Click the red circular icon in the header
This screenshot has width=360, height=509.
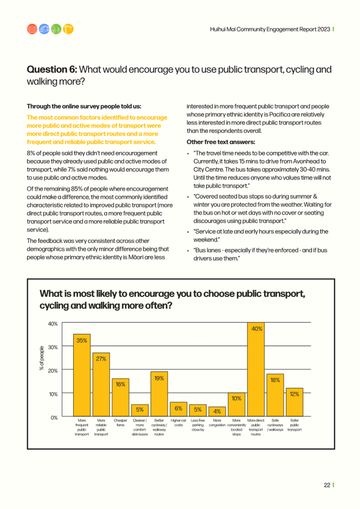coord(32,29)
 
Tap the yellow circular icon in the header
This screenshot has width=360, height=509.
coord(68,29)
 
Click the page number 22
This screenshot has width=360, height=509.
coord(327,485)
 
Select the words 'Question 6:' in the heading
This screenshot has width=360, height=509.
coord(52,69)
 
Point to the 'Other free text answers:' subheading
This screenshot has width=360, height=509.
coord(221,142)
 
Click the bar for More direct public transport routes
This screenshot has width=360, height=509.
coord(255,369)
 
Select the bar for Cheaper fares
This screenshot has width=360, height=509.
coord(121,397)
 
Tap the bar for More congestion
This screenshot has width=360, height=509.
coord(217,411)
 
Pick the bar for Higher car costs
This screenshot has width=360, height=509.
coord(178,409)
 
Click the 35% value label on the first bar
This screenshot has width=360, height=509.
coord(82,341)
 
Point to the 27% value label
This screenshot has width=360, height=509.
coord(101,359)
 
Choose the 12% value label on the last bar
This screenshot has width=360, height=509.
coord(294,394)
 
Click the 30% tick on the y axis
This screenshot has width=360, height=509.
coord(53,347)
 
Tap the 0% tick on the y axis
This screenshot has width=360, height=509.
coord(54,417)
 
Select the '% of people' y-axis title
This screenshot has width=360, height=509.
coord(42,358)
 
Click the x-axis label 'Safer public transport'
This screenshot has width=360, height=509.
coord(294,425)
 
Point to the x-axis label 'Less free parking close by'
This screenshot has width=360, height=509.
coord(197,425)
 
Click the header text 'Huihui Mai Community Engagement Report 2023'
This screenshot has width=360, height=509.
coord(270,29)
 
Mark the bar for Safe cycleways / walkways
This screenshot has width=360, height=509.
coord(275,395)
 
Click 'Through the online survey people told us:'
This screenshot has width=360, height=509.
coord(84,106)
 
